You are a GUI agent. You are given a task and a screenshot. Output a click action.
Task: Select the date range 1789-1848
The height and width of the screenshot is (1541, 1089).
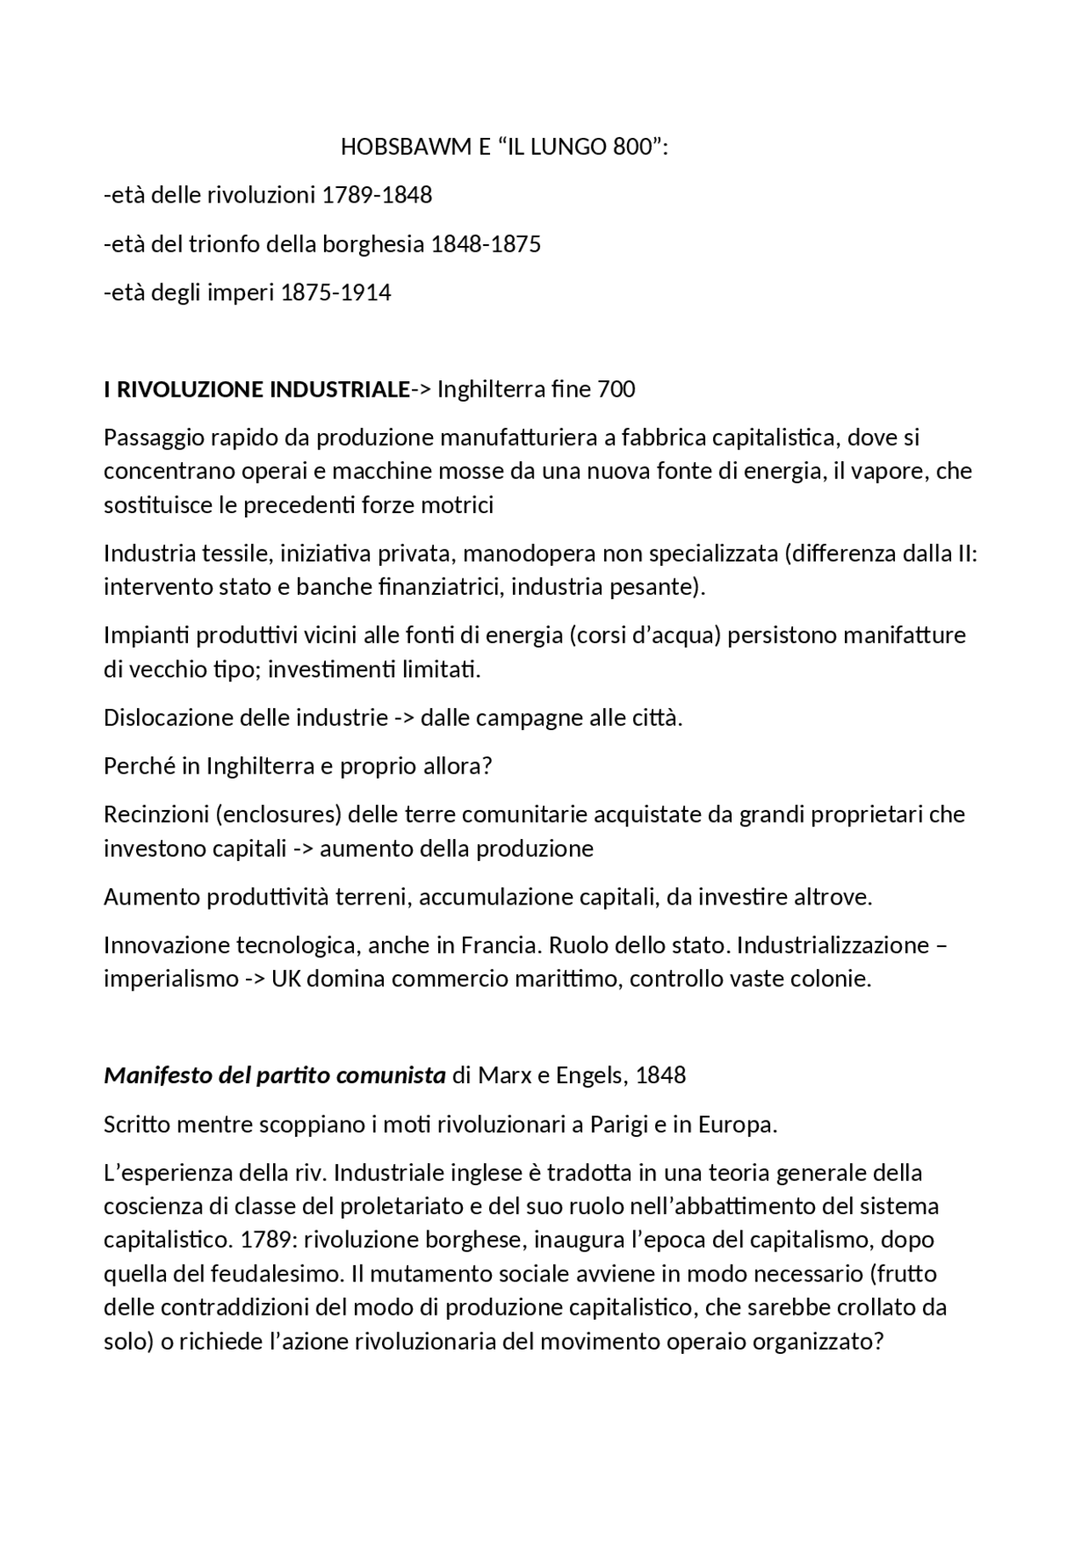pyautogui.click(x=377, y=196)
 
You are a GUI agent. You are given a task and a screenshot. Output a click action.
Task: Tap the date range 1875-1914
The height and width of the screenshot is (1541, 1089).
pyautogui.click(x=336, y=294)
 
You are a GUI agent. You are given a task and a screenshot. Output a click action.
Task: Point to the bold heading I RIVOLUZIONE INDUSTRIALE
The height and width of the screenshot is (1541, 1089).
pyautogui.click(x=256, y=390)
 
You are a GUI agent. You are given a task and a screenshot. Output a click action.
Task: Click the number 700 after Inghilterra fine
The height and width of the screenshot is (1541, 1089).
pyautogui.click(x=616, y=390)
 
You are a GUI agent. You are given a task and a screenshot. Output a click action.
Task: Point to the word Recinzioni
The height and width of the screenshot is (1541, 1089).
pyautogui.click(x=156, y=815)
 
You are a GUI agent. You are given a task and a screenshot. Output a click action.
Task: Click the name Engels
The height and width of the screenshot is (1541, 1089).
pyautogui.click(x=590, y=1076)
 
